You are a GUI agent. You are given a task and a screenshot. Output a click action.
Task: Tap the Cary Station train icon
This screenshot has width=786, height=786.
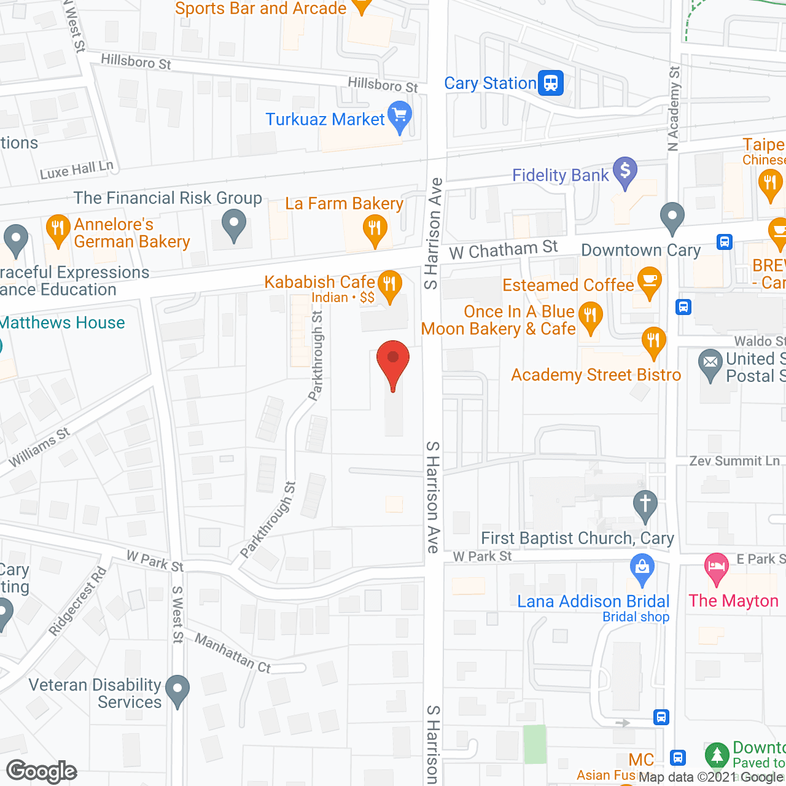pos(551,83)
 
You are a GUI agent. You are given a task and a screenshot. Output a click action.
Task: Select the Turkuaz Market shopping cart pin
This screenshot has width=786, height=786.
pos(400,117)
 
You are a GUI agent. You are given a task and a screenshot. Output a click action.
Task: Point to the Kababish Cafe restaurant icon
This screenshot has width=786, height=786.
pos(389,285)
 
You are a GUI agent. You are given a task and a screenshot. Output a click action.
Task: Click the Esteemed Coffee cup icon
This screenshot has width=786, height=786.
pos(650,282)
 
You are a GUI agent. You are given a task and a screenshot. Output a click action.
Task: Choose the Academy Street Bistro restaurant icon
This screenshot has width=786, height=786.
pos(653,341)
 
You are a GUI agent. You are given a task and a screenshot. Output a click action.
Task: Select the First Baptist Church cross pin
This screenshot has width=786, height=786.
pos(645,505)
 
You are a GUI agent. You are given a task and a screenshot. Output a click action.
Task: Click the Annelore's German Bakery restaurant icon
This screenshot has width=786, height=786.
pos(58,230)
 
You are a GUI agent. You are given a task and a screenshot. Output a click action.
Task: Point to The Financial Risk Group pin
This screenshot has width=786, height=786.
pos(233,224)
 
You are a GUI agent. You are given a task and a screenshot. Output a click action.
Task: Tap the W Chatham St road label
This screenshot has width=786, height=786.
pos(503,249)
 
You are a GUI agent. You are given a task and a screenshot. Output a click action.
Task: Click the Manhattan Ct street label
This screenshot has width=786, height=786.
pos(233,653)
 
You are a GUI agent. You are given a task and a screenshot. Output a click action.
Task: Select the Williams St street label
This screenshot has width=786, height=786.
pos(39,447)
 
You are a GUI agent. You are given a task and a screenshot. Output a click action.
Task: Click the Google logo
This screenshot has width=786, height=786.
pos(42,771)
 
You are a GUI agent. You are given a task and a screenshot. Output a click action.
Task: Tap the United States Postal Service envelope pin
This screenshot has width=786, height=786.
pos(710,364)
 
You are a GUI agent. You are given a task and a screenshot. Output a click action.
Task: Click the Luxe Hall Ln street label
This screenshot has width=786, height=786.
pos(77,170)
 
